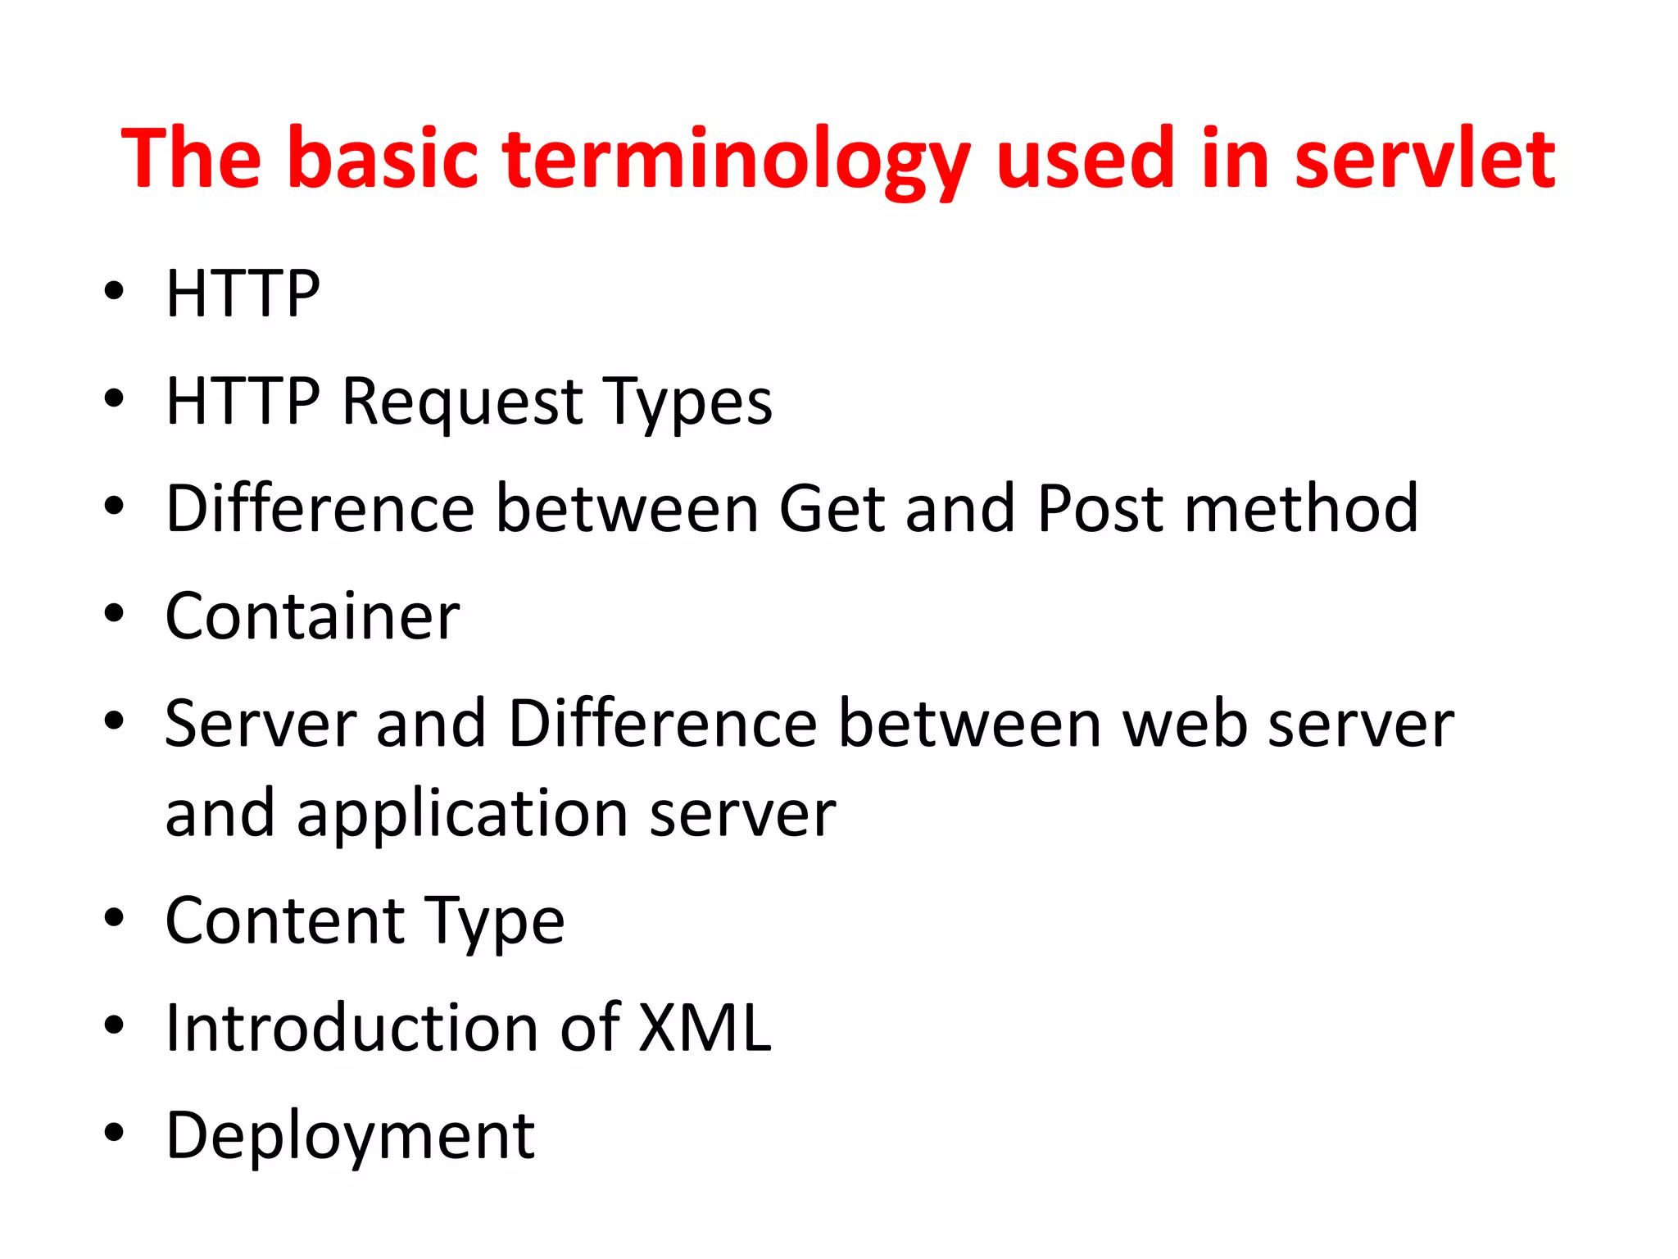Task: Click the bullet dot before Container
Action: pos(114,614)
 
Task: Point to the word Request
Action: pos(462,402)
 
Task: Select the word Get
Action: pos(832,509)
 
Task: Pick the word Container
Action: pos(312,616)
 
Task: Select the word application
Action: pos(463,815)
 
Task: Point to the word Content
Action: pos(285,920)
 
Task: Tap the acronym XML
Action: pos(704,1028)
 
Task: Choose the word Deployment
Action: pos(350,1137)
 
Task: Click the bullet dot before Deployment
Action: pos(114,1133)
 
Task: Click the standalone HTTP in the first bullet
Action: pos(243,294)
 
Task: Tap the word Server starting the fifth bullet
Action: pos(261,724)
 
